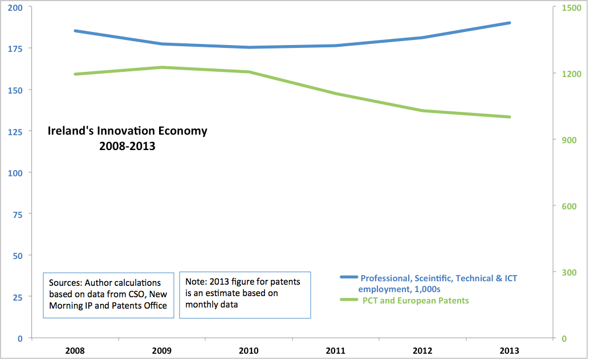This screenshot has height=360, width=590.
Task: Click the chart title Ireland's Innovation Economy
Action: (x=127, y=131)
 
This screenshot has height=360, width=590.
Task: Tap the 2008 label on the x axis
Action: (x=76, y=350)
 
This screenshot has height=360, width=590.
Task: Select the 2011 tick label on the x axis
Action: (x=336, y=350)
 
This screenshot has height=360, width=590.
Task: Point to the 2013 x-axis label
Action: (x=509, y=350)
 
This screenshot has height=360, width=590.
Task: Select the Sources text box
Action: (x=108, y=294)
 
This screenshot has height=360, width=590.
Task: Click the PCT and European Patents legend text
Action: (x=416, y=300)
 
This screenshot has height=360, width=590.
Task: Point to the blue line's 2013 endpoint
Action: (x=509, y=23)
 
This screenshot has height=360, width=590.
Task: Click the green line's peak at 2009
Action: (x=162, y=67)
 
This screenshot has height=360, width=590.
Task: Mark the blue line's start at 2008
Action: (x=76, y=31)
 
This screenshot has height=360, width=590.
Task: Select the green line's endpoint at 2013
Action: (x=509, y=117)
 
